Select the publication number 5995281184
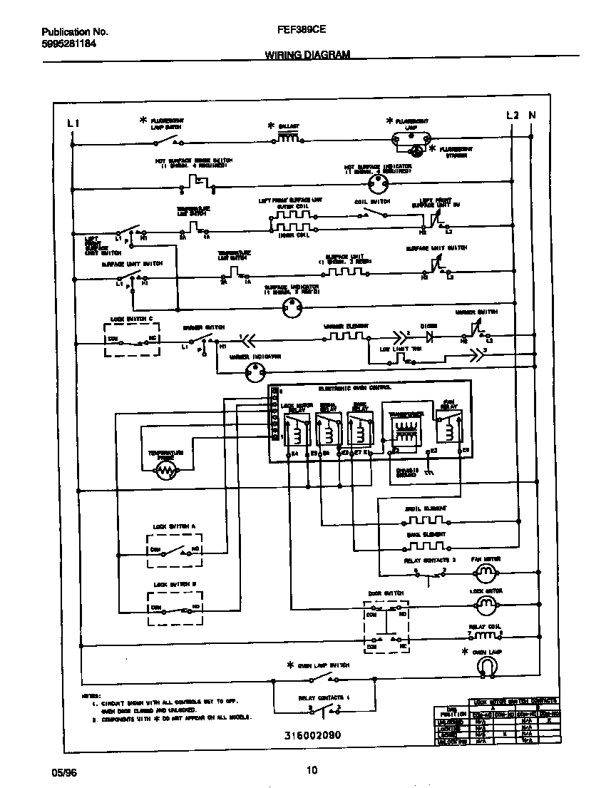68,43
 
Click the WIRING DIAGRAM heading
307,54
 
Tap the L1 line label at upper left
73,123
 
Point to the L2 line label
513,116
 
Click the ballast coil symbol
287,138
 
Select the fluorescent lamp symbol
411,139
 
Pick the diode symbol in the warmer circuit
429,333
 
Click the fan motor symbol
486,571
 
